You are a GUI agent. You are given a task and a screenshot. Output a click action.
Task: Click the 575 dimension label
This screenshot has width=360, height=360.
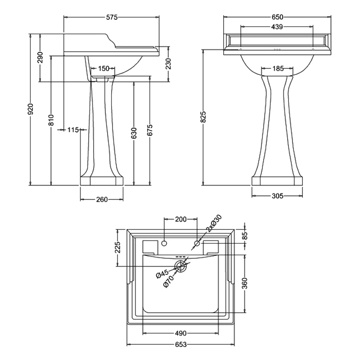(112, 18)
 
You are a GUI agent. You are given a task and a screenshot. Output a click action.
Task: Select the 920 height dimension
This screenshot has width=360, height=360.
(31, 109)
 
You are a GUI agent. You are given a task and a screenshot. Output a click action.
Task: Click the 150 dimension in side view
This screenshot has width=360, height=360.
(103, 69)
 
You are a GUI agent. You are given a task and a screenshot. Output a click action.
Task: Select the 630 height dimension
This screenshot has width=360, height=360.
(133, 133)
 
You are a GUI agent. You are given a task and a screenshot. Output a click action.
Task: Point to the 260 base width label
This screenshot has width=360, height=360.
(102, 200)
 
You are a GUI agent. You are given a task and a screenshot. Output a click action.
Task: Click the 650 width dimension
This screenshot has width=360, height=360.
(277, 18)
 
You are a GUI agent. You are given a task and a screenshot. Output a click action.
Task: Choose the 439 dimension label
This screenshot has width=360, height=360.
(277, 27)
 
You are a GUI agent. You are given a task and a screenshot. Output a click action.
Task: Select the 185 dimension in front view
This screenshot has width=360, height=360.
(278, 69)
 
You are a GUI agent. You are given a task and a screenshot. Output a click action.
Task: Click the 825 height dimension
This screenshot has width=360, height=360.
(203, 117)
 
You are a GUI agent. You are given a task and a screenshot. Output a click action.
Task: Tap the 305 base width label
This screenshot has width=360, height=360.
(277, 196)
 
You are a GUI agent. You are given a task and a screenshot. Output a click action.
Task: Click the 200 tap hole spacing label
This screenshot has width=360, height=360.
(180, 220)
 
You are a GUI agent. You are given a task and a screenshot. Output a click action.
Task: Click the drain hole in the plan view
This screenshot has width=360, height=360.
(181, 266)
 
